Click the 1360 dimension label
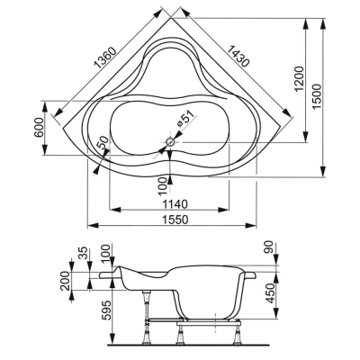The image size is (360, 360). click(104, 58)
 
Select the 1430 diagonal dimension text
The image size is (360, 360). click(238, 56)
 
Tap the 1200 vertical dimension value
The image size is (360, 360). click(300, 78)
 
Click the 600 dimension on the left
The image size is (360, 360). click(40, 127)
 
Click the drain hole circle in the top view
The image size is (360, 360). click(170, 142)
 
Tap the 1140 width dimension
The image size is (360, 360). click(175, 204)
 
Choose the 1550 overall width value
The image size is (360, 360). click(175, 220)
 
